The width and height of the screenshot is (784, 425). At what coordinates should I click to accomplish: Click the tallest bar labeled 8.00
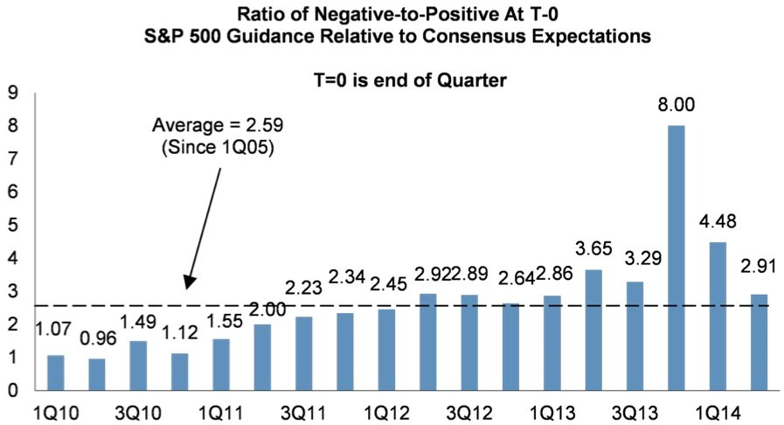tap(676, 258)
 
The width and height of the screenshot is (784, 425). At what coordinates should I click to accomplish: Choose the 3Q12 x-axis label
tap(469, 411)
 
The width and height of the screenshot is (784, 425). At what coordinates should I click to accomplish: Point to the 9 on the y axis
tap(12, 92)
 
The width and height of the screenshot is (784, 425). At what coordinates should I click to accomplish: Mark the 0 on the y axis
tap(12, 391)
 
